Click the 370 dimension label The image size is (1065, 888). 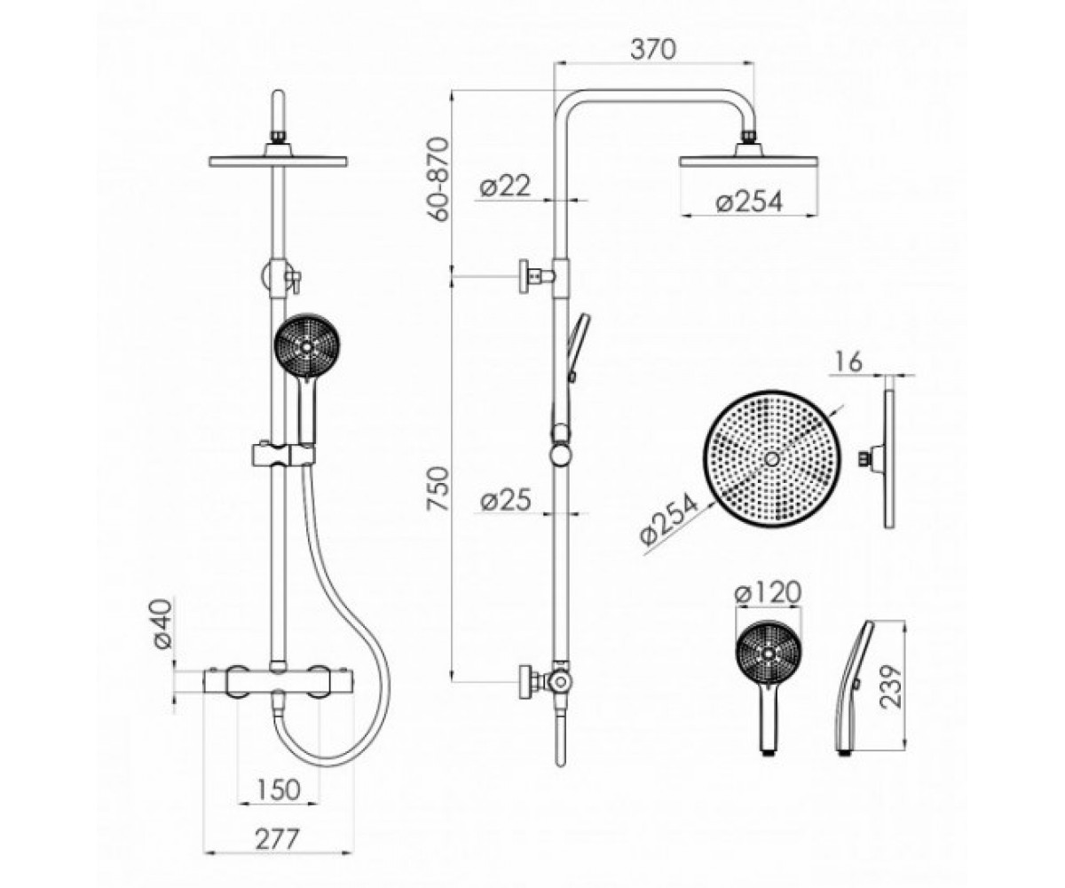tap(653, 50)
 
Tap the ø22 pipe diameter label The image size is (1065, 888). tap(506, 186)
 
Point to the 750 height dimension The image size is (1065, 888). tap(438, 489)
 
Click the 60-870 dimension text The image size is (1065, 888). tap(438, 179)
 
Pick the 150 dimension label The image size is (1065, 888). tap(278, 789)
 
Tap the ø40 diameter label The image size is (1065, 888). tap(162, 623)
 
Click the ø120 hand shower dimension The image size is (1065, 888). tap(769, 593)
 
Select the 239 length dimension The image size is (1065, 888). tap(892, 686)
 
